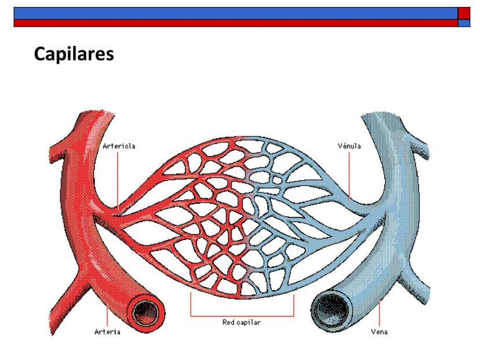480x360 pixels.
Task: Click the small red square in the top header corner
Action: [x=464, y=13]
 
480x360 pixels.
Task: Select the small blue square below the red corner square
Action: [x=464, y=23]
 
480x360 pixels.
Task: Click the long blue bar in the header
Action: [x=232, y=13]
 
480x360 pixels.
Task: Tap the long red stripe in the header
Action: [x=232, y=23]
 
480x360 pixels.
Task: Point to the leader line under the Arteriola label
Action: [x=118, y=180]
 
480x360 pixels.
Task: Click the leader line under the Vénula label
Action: [x=350, y=174]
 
